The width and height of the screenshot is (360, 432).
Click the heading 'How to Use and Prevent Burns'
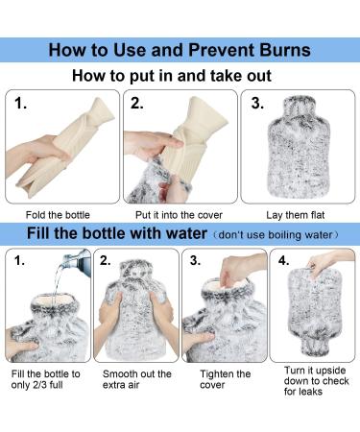[180, 49]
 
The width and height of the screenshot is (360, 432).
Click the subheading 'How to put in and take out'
[180, 76]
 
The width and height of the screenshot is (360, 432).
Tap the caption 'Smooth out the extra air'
[136, 380]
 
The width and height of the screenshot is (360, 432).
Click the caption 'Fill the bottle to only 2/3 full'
[47, 380]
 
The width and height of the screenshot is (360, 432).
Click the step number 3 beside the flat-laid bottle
[257, 103]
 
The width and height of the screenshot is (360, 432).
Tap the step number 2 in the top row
[137, 103]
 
